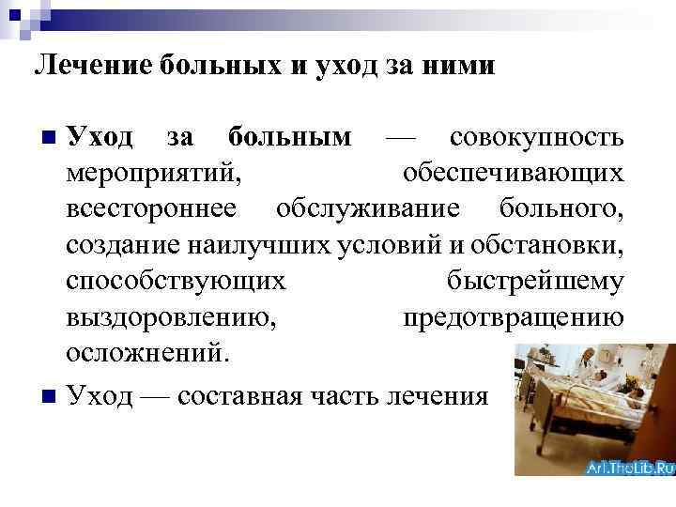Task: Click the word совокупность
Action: (x=536, y=139)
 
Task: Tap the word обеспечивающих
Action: (x=513, y=175)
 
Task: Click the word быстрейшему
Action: (x=531, y=281)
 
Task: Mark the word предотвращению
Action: (x=513, y=317)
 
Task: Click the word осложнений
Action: (x=146, y=353)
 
